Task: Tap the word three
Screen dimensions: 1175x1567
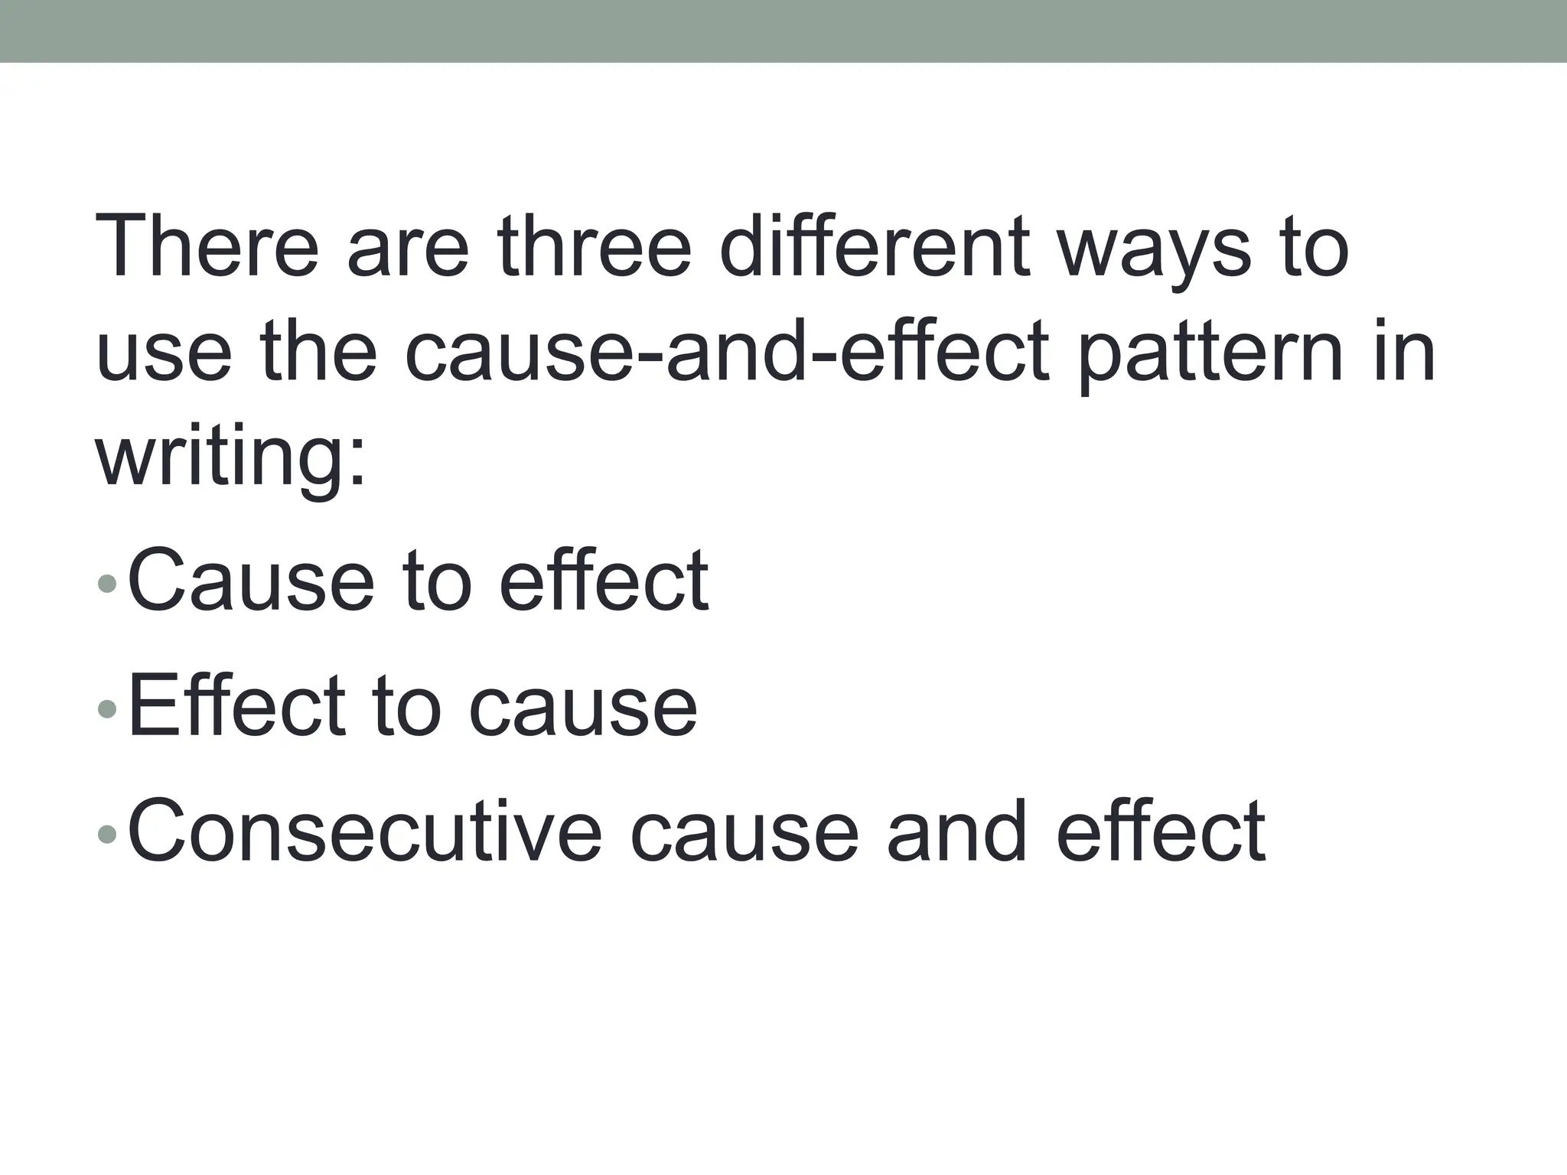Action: (x=594, y=246)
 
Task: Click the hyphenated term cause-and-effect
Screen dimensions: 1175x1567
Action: (x=726, y=352)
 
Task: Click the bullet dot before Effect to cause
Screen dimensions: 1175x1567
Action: (x=107, y=709)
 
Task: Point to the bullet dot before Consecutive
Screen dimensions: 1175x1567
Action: (x=107, y=833)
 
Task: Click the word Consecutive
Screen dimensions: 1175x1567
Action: (x=364, y=831)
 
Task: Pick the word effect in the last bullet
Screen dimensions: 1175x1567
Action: (x=1161, y=831)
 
